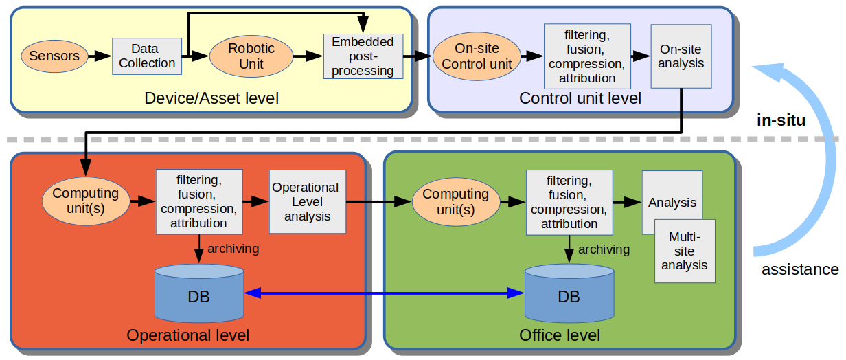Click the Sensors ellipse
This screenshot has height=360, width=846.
(54, 56)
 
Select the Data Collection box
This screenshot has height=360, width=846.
(147, 56)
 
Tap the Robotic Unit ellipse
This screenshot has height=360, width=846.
(251, 56)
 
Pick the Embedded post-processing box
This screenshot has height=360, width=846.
(363, 56)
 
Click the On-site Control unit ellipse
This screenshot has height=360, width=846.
(477, 56)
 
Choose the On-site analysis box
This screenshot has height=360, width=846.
(681, 56)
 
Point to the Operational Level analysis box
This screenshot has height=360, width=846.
(308, 202)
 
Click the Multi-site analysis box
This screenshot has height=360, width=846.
(685, 251)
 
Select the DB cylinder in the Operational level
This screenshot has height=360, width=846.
(199, 293)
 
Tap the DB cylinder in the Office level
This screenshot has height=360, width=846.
(569, 293)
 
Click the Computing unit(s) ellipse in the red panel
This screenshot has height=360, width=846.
(86, 201)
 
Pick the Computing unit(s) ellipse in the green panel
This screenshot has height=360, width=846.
(456, 202)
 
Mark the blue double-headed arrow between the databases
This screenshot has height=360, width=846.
(385, 293)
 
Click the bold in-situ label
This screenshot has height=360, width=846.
(781, 120)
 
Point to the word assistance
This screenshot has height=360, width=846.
(800, 270)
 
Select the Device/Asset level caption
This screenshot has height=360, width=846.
(211, 98)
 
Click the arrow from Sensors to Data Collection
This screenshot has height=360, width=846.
(100, 56)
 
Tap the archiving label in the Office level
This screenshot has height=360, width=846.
(604, 249)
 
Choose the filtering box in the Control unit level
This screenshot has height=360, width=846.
(587, 56)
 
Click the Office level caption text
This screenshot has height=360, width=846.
(560, 335)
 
